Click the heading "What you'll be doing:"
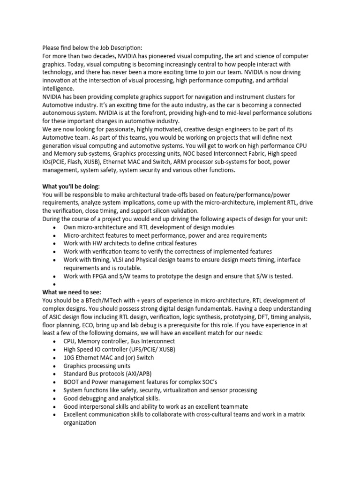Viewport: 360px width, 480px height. pos(71,187)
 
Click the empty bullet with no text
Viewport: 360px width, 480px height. pos(55,285)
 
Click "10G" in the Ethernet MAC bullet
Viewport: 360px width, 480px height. pos(69,358)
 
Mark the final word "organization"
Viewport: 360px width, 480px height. pos(80,422)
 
